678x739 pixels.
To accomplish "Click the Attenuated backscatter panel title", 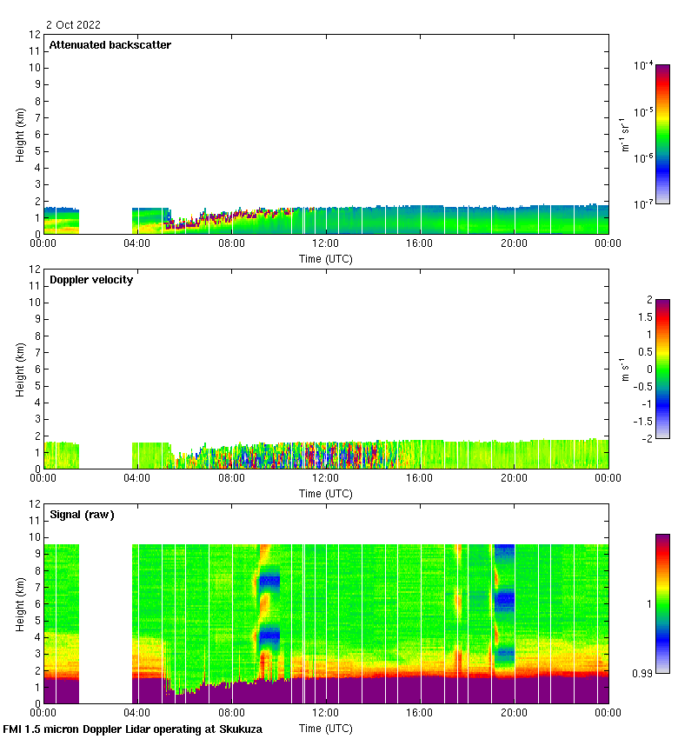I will click(110, 45).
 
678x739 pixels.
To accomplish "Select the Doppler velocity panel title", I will click(91, 280).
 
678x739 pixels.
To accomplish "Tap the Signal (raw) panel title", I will click(82, 515).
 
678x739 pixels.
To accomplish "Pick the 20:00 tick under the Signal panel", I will click(514, 714).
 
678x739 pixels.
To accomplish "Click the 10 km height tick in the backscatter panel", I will click(35, 68).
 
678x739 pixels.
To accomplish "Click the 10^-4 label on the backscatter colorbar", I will click(643, 66).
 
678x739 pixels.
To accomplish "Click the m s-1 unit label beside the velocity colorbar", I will click(623, 369).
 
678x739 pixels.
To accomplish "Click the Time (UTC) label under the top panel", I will click(326, 258).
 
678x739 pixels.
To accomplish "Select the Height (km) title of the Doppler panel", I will click(20, 369).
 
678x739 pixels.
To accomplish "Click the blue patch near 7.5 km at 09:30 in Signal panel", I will click(269, 580).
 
